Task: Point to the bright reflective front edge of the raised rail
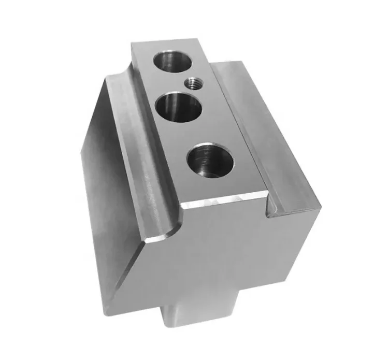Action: [223, 197]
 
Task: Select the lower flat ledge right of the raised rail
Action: [269, 129]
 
